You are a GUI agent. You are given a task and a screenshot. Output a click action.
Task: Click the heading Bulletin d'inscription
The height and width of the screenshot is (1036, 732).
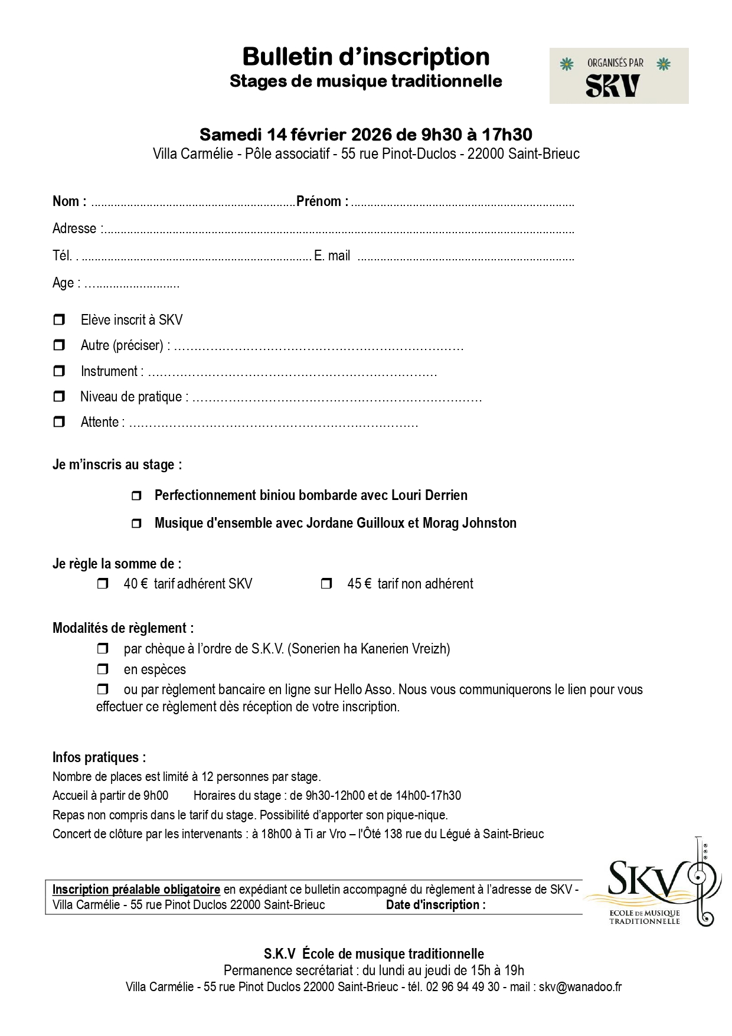click(x=365, y=57)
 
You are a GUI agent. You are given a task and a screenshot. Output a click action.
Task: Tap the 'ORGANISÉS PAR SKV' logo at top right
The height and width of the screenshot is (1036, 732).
click(x=618, y=76)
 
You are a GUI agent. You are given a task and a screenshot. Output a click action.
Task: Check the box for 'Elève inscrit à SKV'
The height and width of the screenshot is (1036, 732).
click(x=59, y=320)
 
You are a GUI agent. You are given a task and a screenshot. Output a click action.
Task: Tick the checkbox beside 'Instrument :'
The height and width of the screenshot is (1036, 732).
click(x=59, y=371)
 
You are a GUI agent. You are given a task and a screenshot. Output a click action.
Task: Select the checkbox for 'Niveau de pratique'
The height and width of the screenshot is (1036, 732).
click(x=59, y=396)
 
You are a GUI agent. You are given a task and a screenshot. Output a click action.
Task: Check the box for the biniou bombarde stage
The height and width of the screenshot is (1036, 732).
click(x=136, y=496)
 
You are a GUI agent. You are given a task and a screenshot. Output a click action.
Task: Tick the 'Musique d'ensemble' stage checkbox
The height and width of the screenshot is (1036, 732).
click(x=136, y=524)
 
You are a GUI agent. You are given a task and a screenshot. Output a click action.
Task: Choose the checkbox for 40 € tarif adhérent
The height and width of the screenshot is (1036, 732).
click(x=103, y=584)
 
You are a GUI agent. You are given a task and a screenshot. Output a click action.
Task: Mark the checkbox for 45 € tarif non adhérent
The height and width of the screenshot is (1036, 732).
click(x=326, y=584)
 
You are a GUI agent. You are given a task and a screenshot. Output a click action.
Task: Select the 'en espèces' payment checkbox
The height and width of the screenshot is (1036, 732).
click(x=103, y=669)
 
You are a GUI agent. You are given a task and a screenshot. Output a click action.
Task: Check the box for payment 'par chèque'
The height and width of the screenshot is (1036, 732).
click(x=103, y=649)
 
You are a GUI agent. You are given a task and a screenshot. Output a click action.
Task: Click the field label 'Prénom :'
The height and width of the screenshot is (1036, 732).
click(x=322, y=201)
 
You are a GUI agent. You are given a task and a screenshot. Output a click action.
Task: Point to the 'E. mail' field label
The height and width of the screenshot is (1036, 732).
click(x=332, y=256)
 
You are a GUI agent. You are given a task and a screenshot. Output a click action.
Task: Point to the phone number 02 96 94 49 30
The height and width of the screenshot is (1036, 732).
click(x=462, y=986)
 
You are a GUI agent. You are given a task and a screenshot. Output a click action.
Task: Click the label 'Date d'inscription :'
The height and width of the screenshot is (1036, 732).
click(x=436, y=905)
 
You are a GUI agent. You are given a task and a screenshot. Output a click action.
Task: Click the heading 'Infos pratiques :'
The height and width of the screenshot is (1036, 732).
click(x=99, y=757)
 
